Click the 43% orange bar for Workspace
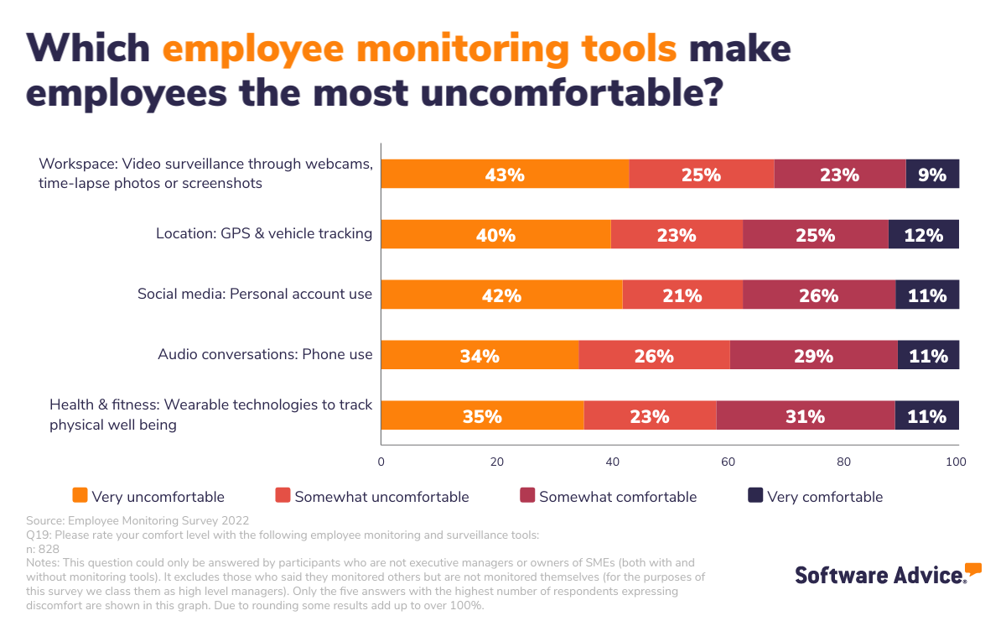pos(505,175)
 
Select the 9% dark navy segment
pos(932,175)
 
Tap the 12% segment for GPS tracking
pos(924,235)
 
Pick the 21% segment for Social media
pos(682,295)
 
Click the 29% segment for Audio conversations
pos(813,356)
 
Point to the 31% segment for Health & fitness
pos(805,416)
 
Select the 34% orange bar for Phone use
pos(480,356)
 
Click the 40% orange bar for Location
pos(495,235)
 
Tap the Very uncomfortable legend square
pos(80,496)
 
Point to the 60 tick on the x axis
pos(728,462)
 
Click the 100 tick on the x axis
pos(956,462)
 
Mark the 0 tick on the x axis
pos(381,462)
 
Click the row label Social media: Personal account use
pos(255,295)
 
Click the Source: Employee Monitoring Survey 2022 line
pos(137,520)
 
